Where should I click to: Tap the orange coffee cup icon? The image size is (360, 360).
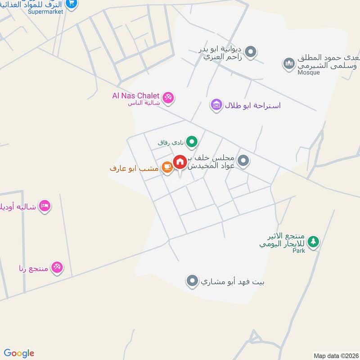166,167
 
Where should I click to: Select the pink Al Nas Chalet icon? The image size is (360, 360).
168,97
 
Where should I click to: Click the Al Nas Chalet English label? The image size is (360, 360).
136,95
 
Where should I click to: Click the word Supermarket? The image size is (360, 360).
45,11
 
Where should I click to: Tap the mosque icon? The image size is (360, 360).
288,64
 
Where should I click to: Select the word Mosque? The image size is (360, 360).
308,72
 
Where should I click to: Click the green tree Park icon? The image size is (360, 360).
314,242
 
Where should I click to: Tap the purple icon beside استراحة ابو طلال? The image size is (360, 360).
216,105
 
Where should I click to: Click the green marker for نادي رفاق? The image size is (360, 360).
192,142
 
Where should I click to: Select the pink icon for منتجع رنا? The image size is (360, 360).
57,267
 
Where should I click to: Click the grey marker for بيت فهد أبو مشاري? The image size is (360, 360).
193,282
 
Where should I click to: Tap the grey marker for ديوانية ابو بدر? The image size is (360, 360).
252,52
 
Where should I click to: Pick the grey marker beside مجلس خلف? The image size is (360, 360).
243,161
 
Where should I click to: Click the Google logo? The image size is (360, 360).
19,353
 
